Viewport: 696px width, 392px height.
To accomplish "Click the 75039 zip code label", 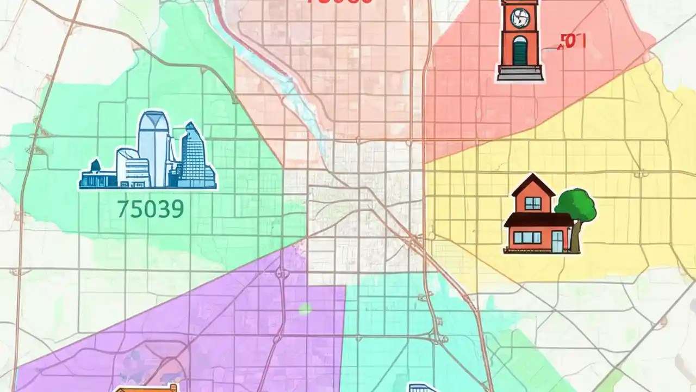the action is click(x=150, y=209).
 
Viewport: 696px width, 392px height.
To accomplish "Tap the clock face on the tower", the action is click(x=519, y=19).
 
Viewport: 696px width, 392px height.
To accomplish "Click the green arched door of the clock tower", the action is click(x=520, y=51).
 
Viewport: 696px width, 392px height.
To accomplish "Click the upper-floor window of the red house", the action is click(x=533, y=204).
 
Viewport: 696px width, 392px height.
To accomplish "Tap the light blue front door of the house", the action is click(x=557, y=242).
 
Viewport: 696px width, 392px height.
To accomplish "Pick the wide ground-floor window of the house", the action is click(x=527, y=237).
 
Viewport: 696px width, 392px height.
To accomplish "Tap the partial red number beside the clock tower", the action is click(x=572, y=41).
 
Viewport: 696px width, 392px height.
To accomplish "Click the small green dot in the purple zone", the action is click(x=305, y=309).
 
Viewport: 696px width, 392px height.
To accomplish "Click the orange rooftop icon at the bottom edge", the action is click(x=147, y=388).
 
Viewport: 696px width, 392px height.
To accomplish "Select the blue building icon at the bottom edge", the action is click(x=423, y=387).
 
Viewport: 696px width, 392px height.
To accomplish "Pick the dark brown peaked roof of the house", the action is click(x=533, y=186).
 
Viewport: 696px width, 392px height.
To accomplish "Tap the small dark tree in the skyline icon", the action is click(x=95, y=166).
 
